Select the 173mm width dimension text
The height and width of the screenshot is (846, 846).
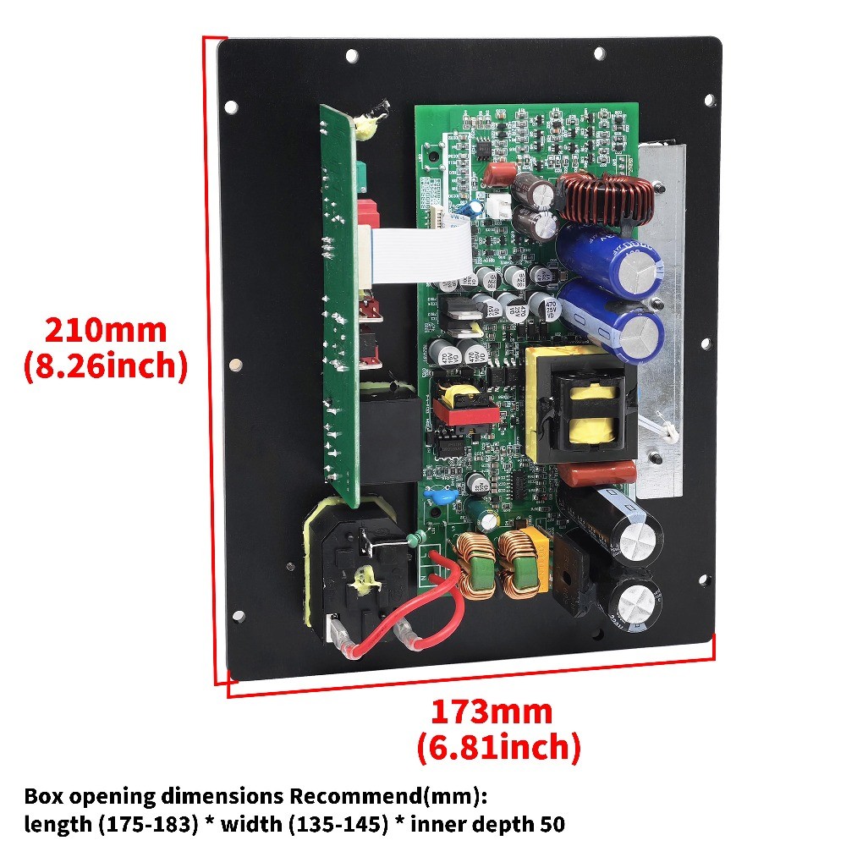(x=492, y=711)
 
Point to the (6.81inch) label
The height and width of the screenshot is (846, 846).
(x=498, y=748)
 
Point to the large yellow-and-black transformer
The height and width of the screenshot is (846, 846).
(x=580, y=404)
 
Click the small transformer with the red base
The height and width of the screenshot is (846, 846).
(x=456, y=404)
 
